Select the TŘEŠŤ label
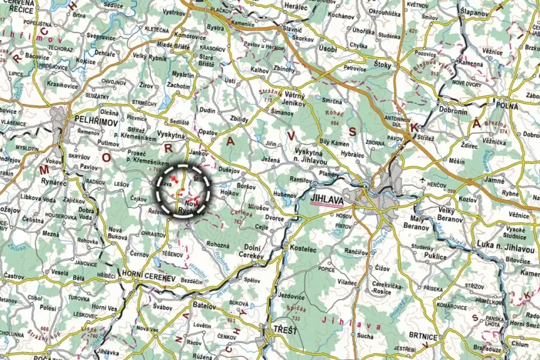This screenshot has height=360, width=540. tap(282, 329)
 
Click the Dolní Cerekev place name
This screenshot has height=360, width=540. tap(254, 250)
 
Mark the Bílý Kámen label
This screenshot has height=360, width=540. tap(334, 143)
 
